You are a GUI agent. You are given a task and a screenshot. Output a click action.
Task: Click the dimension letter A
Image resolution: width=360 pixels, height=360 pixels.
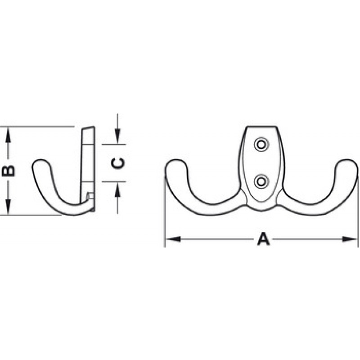coord(263,239)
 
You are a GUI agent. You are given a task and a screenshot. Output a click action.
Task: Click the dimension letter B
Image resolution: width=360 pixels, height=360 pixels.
coord(8,171)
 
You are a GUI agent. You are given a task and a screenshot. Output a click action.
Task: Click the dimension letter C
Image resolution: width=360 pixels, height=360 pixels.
coord(118,163)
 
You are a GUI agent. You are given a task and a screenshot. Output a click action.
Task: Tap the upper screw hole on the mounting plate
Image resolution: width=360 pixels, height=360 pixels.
coord(261,144)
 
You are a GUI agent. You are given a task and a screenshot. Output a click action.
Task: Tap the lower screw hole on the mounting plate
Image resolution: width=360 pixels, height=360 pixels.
coord(261,181)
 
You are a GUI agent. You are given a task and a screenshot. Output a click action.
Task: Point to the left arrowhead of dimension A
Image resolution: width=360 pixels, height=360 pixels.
coord(173,239)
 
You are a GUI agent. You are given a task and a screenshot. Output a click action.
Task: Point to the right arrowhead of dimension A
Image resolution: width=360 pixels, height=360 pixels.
coord(350,239)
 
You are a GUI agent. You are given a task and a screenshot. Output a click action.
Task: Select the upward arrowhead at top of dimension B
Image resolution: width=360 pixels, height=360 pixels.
coord(8,135)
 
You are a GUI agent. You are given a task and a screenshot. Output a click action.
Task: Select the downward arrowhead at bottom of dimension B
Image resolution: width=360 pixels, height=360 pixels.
coord(8,207)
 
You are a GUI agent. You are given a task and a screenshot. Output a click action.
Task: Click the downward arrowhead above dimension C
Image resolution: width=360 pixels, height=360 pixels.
coord(117,137)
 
